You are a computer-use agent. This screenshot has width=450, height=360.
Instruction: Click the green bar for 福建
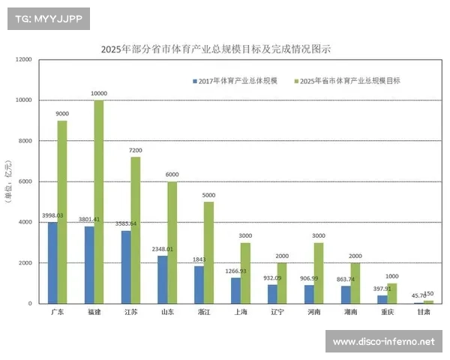tap(99, 202)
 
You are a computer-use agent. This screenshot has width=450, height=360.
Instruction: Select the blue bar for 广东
tap(52, 262)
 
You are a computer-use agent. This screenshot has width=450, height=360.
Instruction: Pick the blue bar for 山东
tap(163, 280)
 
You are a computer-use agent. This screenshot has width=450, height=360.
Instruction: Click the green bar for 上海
tap(245, 273)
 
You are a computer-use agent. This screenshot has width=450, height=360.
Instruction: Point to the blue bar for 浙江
tap(199, 285)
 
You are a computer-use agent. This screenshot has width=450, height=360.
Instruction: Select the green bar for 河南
tap(318, 273)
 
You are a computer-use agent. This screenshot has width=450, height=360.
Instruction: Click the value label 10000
tap(99, 94)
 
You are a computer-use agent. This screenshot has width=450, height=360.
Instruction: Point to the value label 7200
tap(136, 150)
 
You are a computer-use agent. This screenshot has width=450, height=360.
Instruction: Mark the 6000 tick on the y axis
tap(25, 181)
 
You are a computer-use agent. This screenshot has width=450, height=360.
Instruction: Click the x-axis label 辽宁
tap(277, 311)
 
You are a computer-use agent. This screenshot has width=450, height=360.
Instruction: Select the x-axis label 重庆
tap(387, 311)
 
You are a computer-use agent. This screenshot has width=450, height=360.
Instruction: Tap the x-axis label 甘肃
tap(424, 311)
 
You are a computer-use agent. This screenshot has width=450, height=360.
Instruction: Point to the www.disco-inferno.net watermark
tap(383, 342)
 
